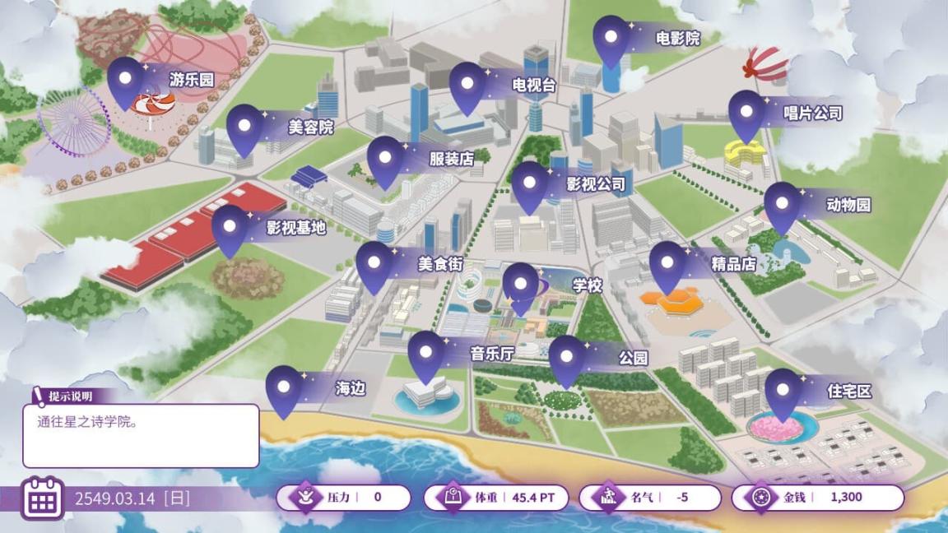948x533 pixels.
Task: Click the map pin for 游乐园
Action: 125,79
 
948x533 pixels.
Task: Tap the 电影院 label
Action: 677,38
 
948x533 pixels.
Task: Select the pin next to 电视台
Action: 467,84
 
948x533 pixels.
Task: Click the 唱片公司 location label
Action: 812,114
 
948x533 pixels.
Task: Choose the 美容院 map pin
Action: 244,127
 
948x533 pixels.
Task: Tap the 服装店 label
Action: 451,159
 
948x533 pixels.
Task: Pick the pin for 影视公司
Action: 530,183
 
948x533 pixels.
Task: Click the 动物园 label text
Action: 848,205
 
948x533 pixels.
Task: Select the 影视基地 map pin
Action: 230,228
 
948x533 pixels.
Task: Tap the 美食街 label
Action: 439,264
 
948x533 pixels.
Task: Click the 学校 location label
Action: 588,285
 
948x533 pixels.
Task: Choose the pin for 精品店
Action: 667,263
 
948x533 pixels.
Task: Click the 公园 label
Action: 633,357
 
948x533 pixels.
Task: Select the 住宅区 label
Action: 848,392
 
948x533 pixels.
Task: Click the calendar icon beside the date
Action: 42,498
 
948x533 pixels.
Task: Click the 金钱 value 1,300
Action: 846,497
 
